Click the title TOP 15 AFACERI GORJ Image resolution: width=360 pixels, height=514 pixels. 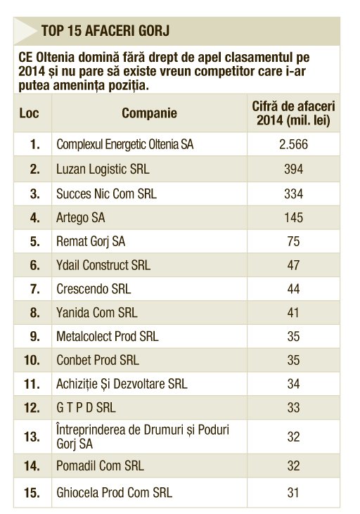click(105, 31)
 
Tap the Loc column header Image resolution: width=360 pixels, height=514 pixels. click(30, 113)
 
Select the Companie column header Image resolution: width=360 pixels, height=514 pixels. click(149, 113)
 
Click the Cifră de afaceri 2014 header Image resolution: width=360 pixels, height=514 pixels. click(293, 113)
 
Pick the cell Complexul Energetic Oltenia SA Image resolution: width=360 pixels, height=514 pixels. click(125, 144)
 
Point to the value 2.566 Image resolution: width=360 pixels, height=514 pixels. click(293, 144)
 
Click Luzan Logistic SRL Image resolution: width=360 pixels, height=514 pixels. click(103, 169)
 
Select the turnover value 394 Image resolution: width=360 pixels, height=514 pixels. click(293, 169)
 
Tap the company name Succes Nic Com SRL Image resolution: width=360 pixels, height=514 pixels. click(106, 193)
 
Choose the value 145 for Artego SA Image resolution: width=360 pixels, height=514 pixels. click(293, 217)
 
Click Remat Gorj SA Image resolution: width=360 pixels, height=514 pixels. click(91, 242)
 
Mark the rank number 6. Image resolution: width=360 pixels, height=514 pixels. click(34, 265)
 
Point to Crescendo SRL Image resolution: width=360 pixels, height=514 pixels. click(94, 289)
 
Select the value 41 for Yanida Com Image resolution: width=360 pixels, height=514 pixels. click(293, 312)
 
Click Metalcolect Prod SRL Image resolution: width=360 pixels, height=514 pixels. click(107, 336)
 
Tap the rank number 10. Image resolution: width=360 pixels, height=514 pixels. click(32, 360)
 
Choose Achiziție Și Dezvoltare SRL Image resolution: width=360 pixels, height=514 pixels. click(122, 384)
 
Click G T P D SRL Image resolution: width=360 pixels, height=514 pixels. click(86, 407)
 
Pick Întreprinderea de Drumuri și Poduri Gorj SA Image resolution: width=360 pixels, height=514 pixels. click(143, 437)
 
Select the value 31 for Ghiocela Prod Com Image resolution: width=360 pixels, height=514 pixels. click(293, 492)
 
